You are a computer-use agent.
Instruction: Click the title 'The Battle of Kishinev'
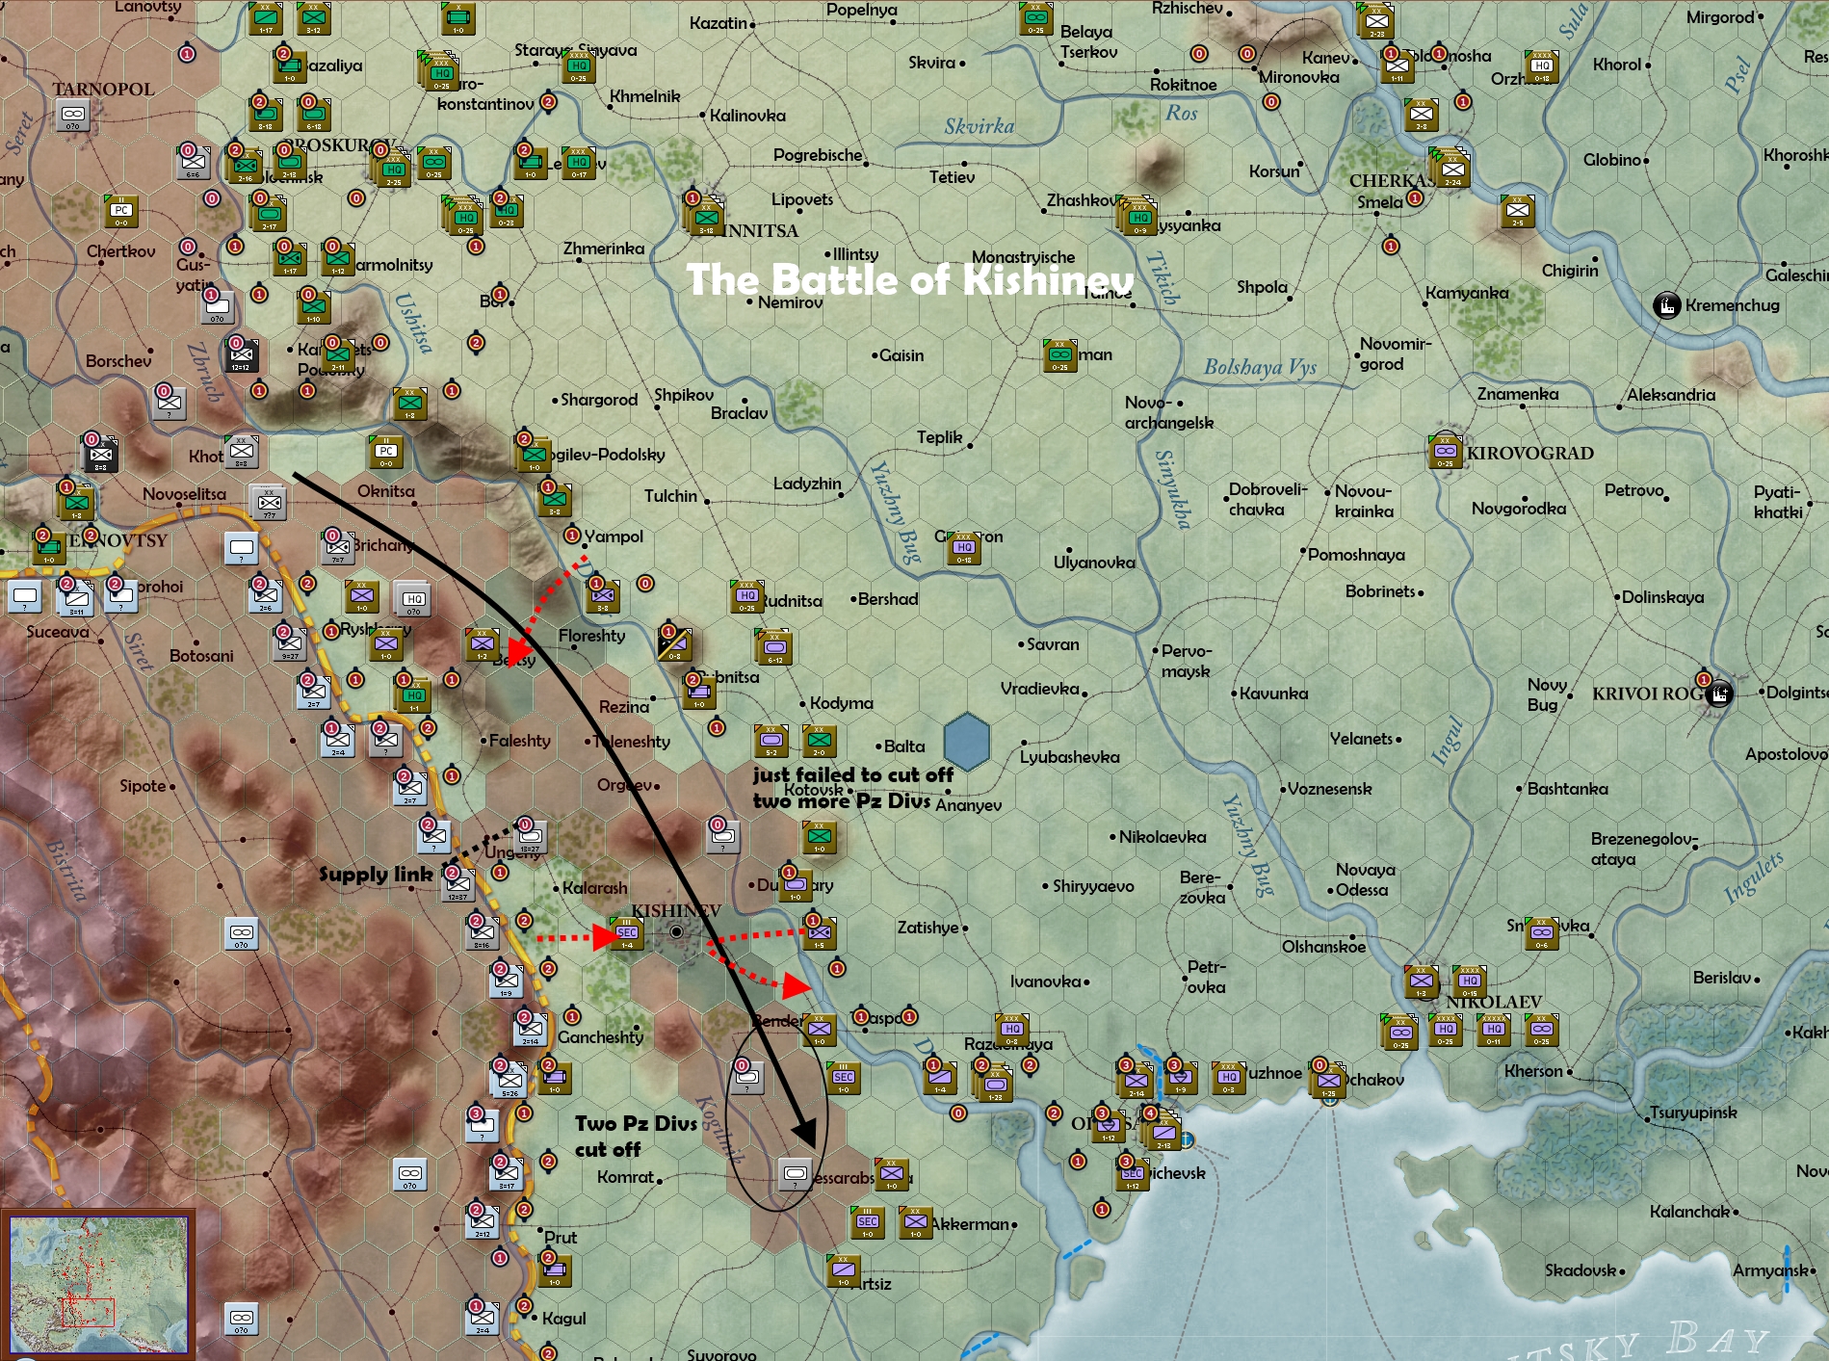coord(909,280)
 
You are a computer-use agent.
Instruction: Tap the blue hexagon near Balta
coord(966,742)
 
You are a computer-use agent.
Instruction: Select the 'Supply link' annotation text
coord(376,875)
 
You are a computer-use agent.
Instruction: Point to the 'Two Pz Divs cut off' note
coord(636,1136)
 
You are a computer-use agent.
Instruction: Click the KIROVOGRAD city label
coord(1529,453)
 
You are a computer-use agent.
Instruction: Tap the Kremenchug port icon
coord(1666,305)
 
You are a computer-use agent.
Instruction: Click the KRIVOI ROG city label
coord(1647,694)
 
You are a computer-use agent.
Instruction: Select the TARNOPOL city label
coord(103,89)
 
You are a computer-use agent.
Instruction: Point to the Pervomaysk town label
coord(1186,661)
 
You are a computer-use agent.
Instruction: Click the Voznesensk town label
coord(1329,789)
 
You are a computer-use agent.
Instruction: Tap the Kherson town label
coord(1533,1071)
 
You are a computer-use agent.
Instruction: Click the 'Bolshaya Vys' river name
coord(1260,367)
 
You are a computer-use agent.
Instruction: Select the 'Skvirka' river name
coord(979,126)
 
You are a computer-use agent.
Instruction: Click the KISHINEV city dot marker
coord(677,931)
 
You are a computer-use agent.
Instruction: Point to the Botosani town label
coord(201,656)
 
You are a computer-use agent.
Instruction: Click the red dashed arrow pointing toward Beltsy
coord(549,602)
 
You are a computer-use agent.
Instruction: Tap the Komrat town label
coord(625,1177)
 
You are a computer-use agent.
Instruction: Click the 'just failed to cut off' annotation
coord(852,774)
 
